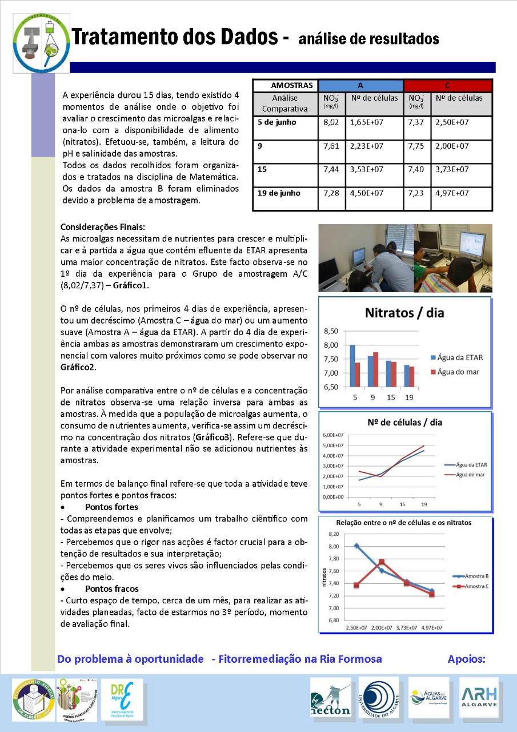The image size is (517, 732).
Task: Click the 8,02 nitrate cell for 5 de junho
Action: pos(331,122)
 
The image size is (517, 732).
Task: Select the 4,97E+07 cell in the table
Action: pos(452,193)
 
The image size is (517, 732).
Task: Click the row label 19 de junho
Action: pos(278,193)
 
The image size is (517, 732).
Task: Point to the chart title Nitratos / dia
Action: pos(404,313)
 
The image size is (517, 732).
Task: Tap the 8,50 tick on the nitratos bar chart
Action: pos(331,331)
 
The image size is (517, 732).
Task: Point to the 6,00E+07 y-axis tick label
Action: pos(334,435)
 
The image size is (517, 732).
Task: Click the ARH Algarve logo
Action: pos(479,697)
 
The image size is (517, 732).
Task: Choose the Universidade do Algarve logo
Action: pos(379,696)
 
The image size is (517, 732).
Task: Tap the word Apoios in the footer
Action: pos(467,659)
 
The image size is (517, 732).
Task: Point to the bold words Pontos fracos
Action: pos(111,588)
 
